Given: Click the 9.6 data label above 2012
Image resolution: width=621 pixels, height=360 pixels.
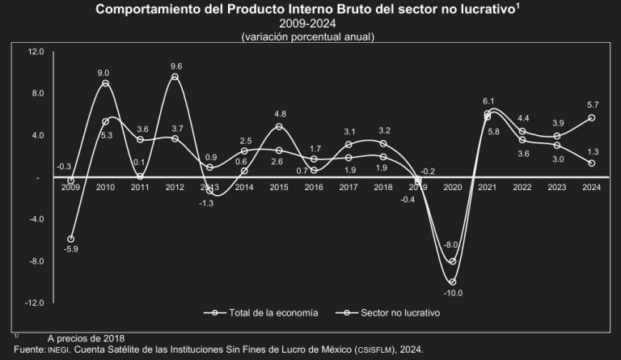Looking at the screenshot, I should (175, 66).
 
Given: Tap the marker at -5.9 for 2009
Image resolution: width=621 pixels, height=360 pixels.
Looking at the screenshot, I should (71, 239).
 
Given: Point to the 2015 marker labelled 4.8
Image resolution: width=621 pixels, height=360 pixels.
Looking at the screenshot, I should (279, 126).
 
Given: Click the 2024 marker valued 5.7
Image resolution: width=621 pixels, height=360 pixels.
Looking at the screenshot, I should (592, 117).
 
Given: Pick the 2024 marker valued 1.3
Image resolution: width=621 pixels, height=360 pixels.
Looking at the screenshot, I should (592, 163).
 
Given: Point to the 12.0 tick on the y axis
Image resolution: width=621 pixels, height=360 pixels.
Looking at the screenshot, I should (36, 52).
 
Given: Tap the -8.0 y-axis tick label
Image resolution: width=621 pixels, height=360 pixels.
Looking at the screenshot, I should (36, 261).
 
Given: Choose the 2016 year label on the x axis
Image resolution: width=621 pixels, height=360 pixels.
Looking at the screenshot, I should (314, 187).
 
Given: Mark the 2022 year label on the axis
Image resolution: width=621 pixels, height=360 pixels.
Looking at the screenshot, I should (522, 187).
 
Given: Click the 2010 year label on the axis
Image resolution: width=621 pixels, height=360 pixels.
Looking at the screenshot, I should (105, 187).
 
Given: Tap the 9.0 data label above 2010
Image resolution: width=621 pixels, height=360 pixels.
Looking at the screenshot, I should (103, 74).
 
